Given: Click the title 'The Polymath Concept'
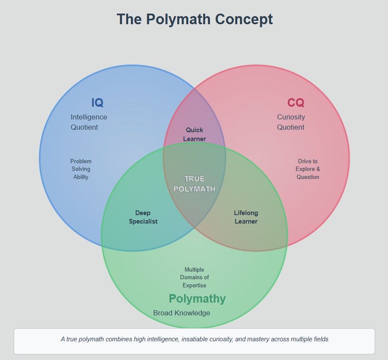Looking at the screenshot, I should tap(195, 20).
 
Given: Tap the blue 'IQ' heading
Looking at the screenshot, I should tap(97, 103).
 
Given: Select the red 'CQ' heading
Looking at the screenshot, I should tap(296, 103).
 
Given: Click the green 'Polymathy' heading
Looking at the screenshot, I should tap(197, 299).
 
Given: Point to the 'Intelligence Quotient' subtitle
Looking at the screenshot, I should tap(88, 122).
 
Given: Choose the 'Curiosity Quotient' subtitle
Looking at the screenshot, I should tap(291, 122).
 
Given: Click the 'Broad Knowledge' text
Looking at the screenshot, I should tap(181, 313).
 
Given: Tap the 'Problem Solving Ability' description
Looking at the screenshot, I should tap(81, 169).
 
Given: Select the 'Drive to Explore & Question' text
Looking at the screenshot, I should tap(308, 169).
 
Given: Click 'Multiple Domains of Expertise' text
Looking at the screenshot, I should tap(194, 278).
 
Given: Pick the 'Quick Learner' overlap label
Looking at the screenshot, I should tap(195, 134).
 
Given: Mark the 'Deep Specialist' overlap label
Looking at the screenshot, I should tap(143, 217).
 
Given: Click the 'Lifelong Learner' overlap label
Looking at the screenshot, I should tap(246, 217).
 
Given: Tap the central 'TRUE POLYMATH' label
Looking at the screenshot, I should tap(195, 184).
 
